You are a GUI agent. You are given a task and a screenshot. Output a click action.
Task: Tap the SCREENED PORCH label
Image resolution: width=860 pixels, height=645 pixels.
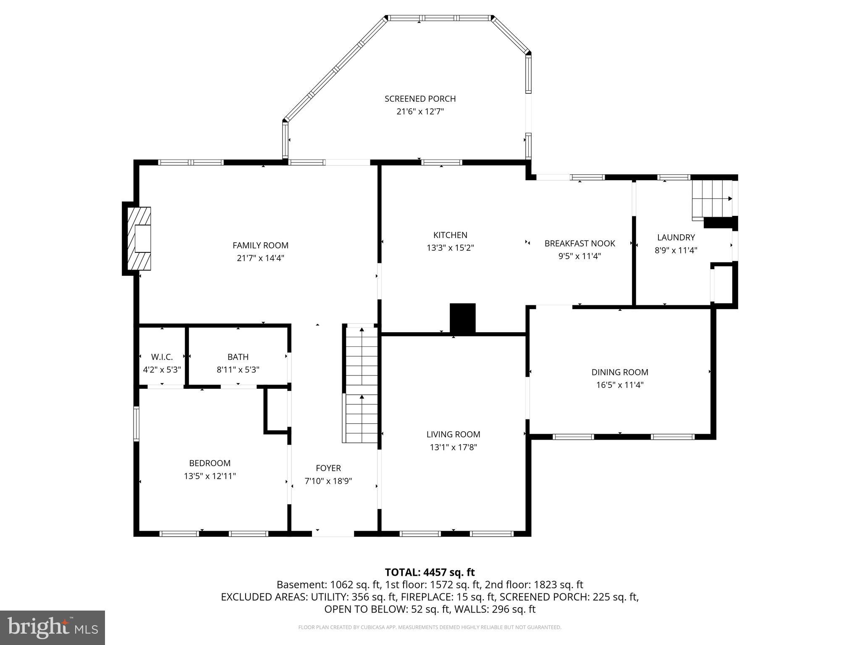pos(420,99)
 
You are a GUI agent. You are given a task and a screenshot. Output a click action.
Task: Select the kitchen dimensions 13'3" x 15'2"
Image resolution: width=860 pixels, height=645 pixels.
pos(450,248)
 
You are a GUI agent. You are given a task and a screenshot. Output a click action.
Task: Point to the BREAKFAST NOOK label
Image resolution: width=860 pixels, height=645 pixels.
pos(579,244)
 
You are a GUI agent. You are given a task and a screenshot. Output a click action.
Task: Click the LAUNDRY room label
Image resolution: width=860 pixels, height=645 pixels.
pos(676,238)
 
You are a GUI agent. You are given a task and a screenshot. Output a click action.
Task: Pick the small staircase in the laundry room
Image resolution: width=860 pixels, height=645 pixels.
pos(712,200)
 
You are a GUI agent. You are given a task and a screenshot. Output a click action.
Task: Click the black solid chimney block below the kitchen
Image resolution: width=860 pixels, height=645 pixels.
pos(462,318)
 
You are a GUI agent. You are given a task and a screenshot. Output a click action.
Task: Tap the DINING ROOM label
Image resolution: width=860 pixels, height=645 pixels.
pos(619,372)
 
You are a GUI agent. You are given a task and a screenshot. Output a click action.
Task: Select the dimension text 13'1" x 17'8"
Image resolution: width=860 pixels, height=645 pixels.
pos(453,447)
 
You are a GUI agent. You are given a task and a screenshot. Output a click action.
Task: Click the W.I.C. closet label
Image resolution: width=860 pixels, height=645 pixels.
pos(162,357)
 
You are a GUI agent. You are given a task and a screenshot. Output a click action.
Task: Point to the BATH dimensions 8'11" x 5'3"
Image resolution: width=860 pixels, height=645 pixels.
pos(238,370)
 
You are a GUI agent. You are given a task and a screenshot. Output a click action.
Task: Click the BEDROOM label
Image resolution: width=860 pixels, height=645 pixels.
pos(210,463)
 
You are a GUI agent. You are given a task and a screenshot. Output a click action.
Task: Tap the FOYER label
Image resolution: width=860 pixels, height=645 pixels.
pos(328,468)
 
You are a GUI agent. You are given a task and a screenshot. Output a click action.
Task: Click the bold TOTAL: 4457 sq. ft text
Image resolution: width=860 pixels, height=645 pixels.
pos(430,572)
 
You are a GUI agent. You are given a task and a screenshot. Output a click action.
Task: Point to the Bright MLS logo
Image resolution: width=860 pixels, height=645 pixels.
pos(52,628)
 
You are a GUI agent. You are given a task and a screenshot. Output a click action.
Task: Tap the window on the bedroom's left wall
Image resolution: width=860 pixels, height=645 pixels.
pos(136,423)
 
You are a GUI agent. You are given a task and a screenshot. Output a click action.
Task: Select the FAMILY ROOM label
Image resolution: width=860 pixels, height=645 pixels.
pos(260,245)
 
